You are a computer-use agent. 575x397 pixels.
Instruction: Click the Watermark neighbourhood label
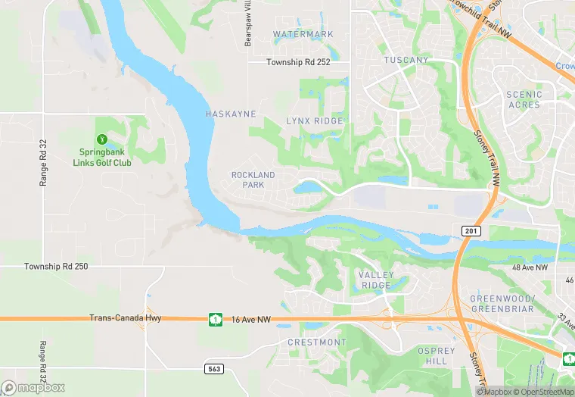[x=303, y=35]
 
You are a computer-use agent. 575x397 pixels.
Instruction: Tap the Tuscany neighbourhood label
[x=406, y=60]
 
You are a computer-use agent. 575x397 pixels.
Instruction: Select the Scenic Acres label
[x=524, y=100]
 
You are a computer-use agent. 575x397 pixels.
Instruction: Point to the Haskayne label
[x=231, y=114]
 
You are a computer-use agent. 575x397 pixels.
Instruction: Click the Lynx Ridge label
[x=315, y=121]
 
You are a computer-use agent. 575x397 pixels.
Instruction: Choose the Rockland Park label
[x=253, y=180]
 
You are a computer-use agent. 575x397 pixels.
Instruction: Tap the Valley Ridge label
[x=376, y=280]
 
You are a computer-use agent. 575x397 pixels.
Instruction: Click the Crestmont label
[x=317, y=342]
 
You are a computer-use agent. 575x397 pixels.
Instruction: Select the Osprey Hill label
[x=437, y=356]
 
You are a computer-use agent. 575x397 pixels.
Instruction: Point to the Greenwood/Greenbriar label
[x=502, y=304]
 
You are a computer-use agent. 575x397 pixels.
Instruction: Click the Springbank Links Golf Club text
[x=102, y=158]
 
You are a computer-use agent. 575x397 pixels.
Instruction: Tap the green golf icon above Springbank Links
[x=102, y=139]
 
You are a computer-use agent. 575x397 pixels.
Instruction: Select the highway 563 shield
[x=214, y=368]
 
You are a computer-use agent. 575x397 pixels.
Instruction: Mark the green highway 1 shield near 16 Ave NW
[x=216, y=320]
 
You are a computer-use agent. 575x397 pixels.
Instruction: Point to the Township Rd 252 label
[x=298, y=62]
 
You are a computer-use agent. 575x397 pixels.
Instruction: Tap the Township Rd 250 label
[x=56, y=267]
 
